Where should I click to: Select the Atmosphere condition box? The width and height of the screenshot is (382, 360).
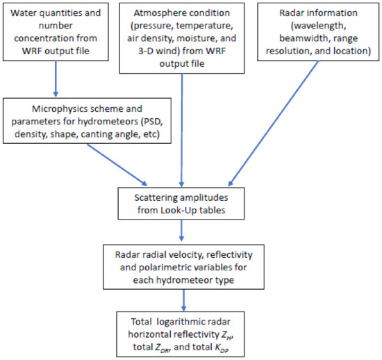(182, 36)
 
